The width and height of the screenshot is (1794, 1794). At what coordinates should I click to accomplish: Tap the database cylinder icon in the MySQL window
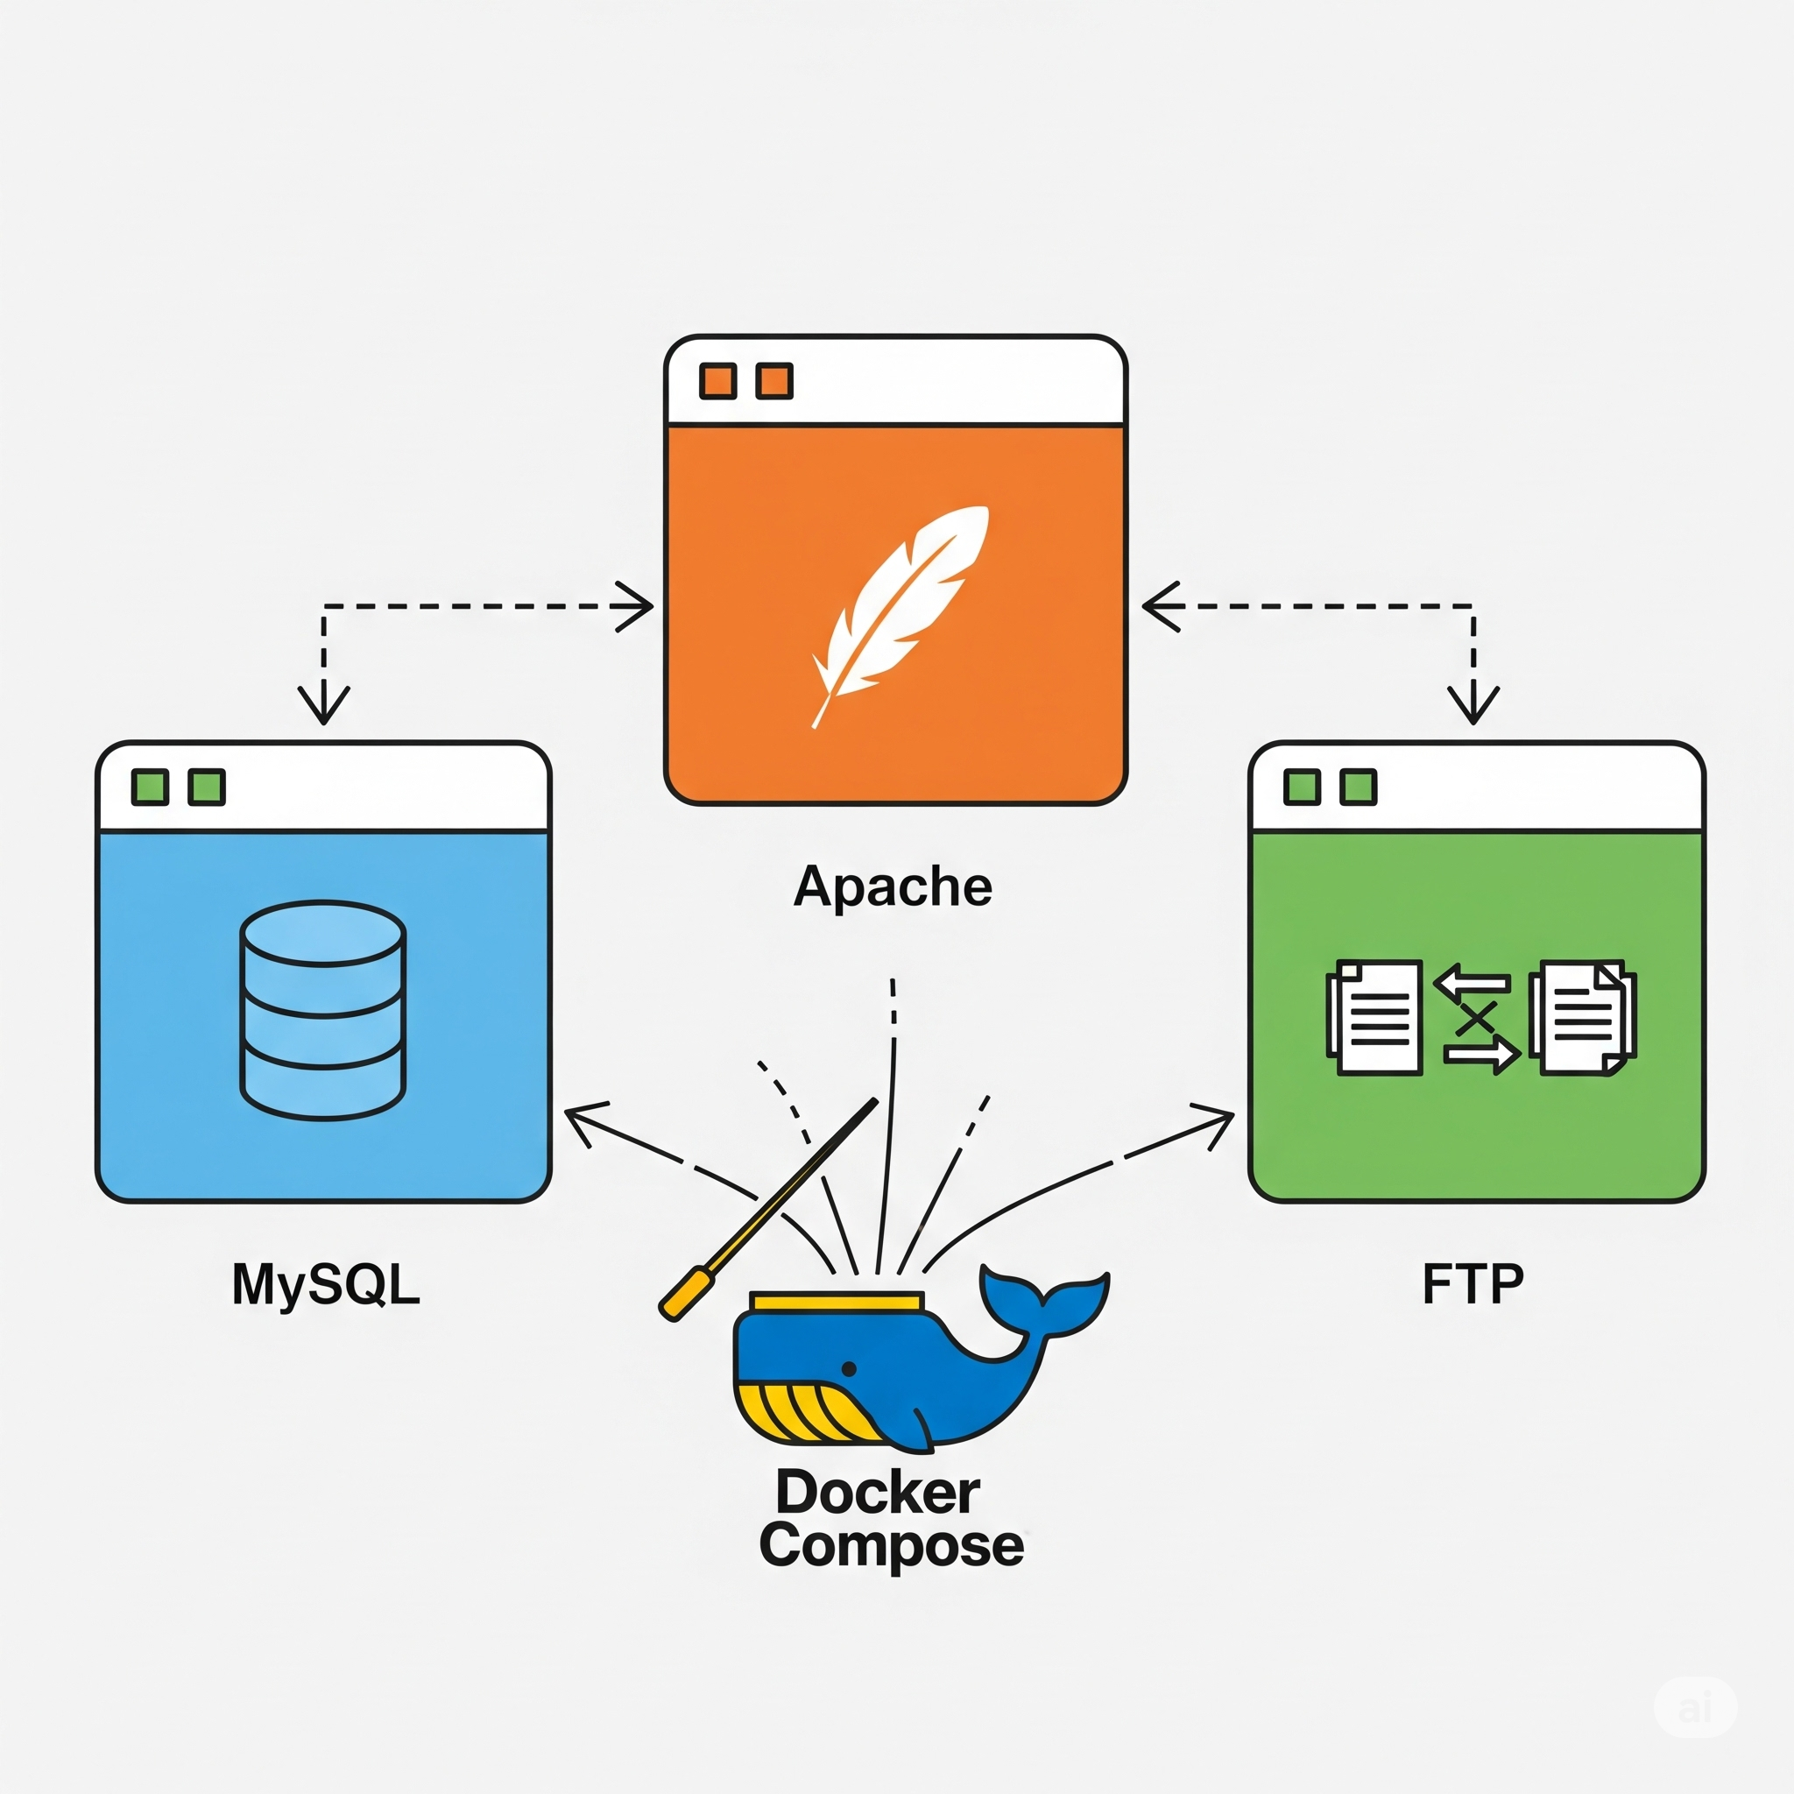point(322,1009)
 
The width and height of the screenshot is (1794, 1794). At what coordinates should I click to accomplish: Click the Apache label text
point(893,886)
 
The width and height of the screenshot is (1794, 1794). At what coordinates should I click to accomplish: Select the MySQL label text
point(326,1284)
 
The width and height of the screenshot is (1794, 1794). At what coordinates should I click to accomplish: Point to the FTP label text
point(1473,1284)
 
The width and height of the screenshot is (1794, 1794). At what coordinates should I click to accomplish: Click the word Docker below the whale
point(878,1492)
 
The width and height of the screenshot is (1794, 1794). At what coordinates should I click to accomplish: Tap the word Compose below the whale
point(891,1545)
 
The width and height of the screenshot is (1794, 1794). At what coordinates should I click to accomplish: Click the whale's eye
point(849,1369)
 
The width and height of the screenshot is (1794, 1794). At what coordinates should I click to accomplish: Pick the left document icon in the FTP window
point(1375,1018)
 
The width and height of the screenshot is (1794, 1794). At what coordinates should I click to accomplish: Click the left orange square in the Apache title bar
point(717,381)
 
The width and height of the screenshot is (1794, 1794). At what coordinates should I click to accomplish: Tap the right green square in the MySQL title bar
point(206,787)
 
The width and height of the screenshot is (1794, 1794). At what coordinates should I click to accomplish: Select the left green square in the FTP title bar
point(1302,787)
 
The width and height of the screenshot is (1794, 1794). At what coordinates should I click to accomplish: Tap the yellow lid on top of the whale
point(837,1301)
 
